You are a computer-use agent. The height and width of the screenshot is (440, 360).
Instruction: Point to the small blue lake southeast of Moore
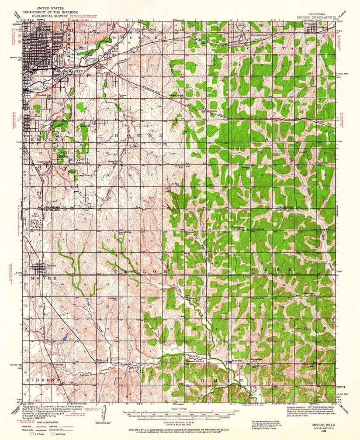click(65, 337)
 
